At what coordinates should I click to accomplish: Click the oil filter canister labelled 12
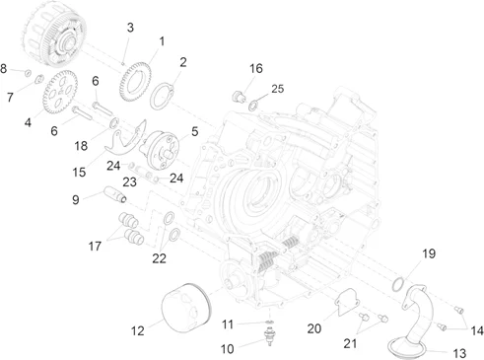[x=186, y=308]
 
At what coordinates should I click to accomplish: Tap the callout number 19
[x=429, y=253]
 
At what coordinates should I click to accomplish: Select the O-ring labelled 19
[x=398, y=284]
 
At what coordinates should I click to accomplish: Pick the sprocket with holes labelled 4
[x=60, y=93]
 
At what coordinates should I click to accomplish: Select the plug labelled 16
[x=239, y=97]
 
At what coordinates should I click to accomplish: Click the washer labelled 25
[x=253, y=106]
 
